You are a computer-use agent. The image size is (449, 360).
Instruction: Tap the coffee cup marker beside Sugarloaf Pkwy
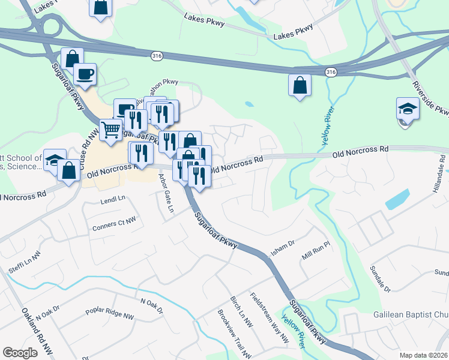[85, 74]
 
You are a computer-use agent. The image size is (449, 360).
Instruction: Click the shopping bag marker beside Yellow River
[300, 85]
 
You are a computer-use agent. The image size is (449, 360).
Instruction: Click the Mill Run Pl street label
[316, 251]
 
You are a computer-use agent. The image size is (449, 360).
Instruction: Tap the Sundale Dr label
[381, 279]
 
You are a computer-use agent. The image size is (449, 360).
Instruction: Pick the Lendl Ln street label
[114, 198]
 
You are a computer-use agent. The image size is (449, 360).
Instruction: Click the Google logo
[20, 353]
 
